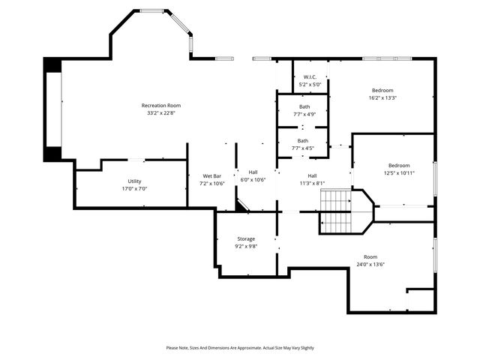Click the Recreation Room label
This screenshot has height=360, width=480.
[161, 106]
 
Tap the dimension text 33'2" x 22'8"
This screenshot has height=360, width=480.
[161, 114]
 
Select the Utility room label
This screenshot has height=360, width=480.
[134, 181]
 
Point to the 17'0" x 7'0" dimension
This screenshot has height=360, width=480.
[134, 189]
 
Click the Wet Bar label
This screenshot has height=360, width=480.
[211, 175]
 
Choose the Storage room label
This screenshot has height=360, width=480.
[246, 238]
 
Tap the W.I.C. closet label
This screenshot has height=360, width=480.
[310, 77]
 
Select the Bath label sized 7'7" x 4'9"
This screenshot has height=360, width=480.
[304, 106]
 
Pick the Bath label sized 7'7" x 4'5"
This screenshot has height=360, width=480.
[302, 140]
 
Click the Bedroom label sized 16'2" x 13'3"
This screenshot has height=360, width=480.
[382, 90]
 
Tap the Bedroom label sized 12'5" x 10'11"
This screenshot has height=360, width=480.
[399, 165]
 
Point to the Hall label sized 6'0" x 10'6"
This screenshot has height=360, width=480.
[253, 172]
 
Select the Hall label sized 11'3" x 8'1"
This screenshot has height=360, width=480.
[312, 175]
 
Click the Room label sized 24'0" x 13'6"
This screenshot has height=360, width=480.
[370, 256]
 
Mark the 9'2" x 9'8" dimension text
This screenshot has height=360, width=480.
[246, 246]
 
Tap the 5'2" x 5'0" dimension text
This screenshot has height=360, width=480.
[310, 85]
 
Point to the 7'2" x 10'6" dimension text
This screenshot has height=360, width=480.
[211, 183]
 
